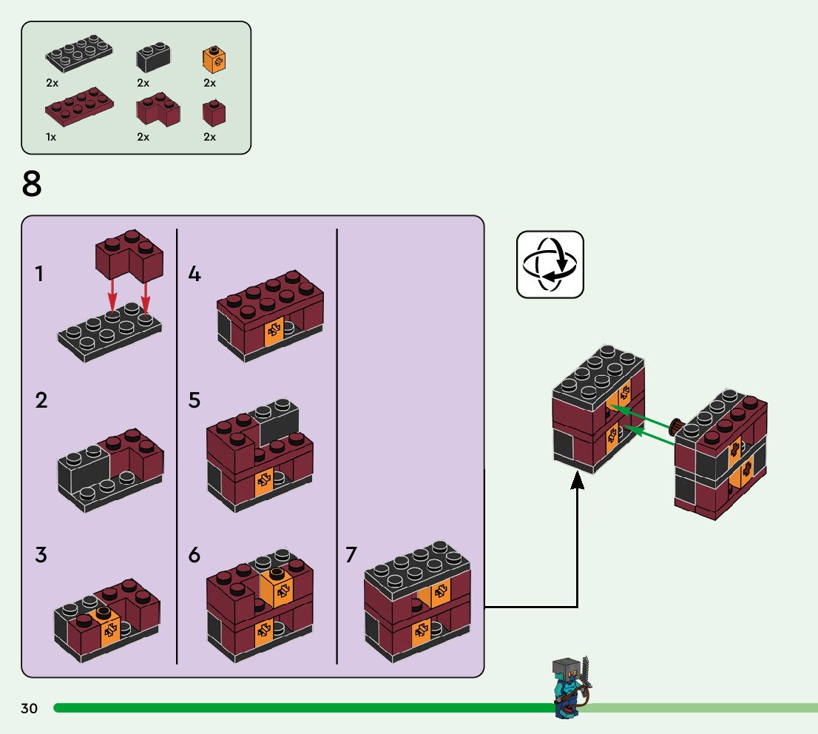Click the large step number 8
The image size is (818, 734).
32,184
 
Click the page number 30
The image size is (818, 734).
29,709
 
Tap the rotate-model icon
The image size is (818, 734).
550,264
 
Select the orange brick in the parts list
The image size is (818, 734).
214,59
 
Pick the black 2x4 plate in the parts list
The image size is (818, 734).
79,54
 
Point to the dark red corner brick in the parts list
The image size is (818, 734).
157,110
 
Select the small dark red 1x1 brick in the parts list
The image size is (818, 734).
214,112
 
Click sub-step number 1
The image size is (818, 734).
39,275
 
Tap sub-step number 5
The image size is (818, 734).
195,401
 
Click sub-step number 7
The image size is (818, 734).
351,555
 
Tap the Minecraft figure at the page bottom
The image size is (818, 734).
570,687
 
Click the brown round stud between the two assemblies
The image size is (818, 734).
676,426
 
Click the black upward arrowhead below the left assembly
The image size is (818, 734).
578,482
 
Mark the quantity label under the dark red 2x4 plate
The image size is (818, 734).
50,137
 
